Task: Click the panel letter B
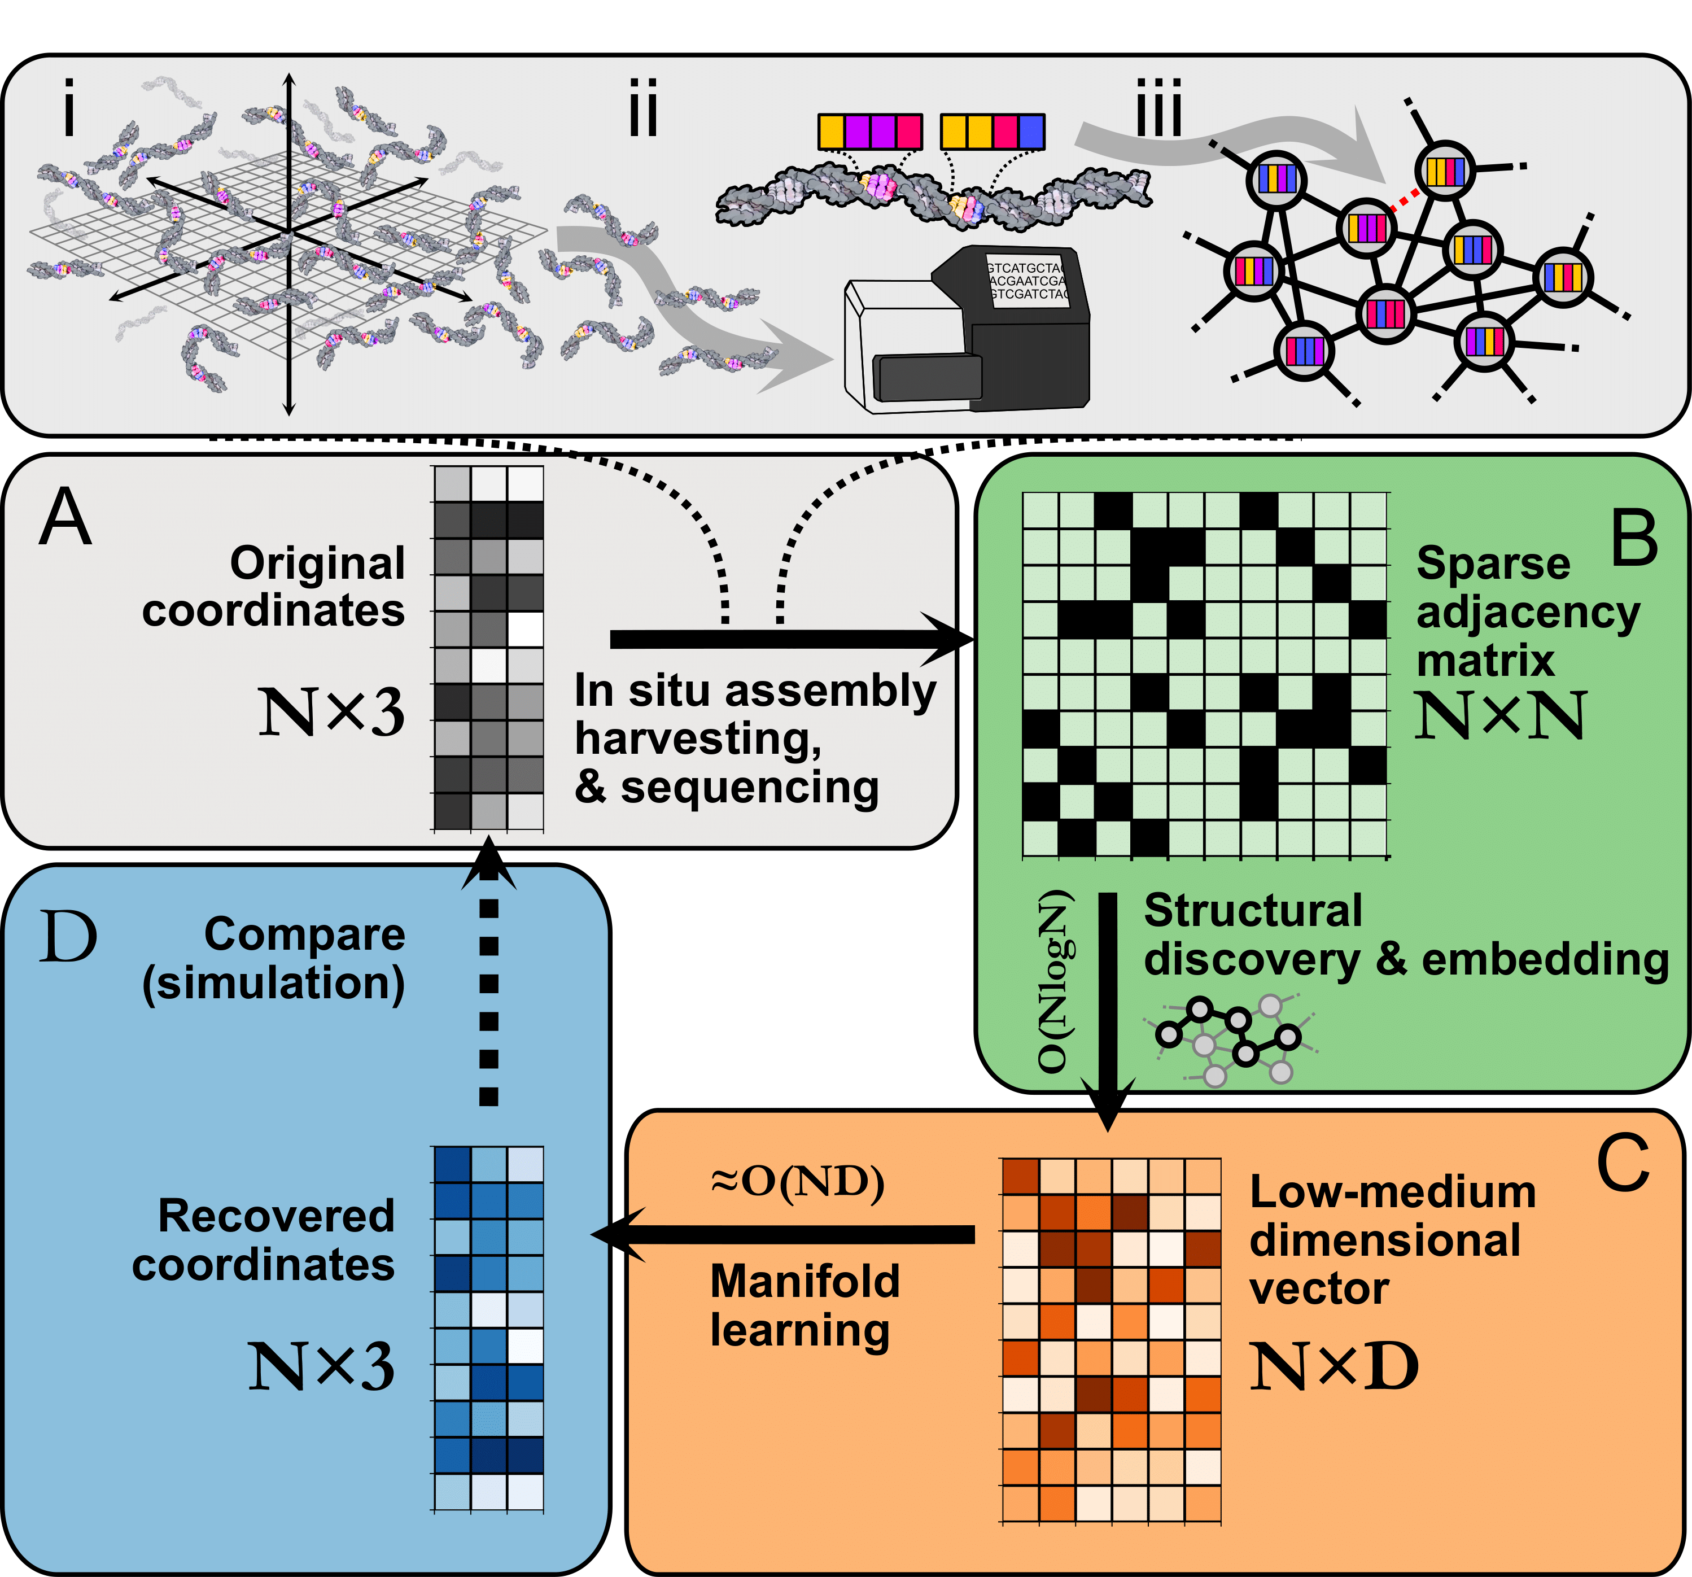1634,538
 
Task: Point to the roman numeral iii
1159,108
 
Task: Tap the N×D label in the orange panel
1334,1367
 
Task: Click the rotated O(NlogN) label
1053,980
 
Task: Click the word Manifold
805,1281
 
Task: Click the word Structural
1253,911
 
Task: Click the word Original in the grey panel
317,563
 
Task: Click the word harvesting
698,739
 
